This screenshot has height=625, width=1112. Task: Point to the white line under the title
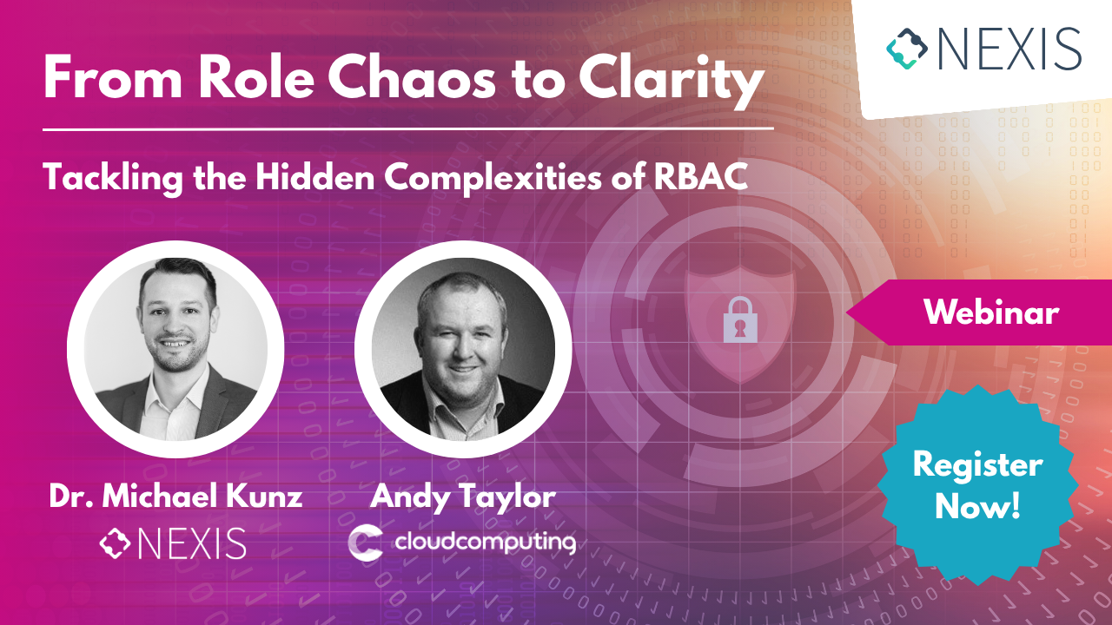coord(408,128)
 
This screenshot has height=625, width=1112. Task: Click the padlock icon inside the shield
coord(738,319)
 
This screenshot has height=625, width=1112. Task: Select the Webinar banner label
coord(991,312)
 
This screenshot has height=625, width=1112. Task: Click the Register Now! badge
coord(977,484)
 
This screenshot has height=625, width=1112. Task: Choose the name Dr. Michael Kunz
coord(175,497)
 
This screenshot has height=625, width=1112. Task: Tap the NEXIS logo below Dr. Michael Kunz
coord(173,543)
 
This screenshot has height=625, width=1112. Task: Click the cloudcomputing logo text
coord(485,543)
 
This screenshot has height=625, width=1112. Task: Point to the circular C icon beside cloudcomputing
coord(365,543)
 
